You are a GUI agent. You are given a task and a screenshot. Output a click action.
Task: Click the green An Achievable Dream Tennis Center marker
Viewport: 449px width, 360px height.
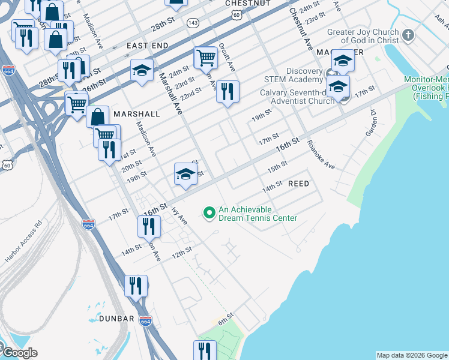(x=209, y=213)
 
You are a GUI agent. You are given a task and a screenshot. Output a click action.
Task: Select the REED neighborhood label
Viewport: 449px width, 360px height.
(x=298, y=184)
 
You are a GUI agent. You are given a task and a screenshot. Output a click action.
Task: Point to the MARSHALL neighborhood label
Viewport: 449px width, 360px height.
(x=136, y=114)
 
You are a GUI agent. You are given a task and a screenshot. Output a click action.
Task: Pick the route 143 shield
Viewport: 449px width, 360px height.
(x=193, y=22)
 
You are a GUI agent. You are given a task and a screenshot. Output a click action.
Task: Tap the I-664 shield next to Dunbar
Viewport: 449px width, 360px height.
(x=145, y=321)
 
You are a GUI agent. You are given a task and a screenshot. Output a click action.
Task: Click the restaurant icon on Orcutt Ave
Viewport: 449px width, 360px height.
(x=228, y=92)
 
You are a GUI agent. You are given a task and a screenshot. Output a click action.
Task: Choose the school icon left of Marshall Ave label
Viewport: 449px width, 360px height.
(x=142, y=70)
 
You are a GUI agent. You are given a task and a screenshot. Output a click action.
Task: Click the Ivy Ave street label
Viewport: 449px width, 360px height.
(x=179, y=216)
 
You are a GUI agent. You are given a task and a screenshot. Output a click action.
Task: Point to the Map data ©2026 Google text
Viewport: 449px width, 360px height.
(x=412, y=355)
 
